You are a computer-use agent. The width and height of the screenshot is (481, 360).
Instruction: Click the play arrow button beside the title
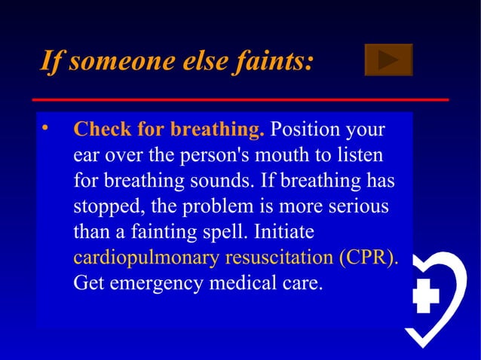tap(388, 59)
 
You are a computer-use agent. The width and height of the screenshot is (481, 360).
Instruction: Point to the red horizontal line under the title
tap(240, 99)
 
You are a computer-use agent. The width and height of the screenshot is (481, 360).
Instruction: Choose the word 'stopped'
tap(104, 207)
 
